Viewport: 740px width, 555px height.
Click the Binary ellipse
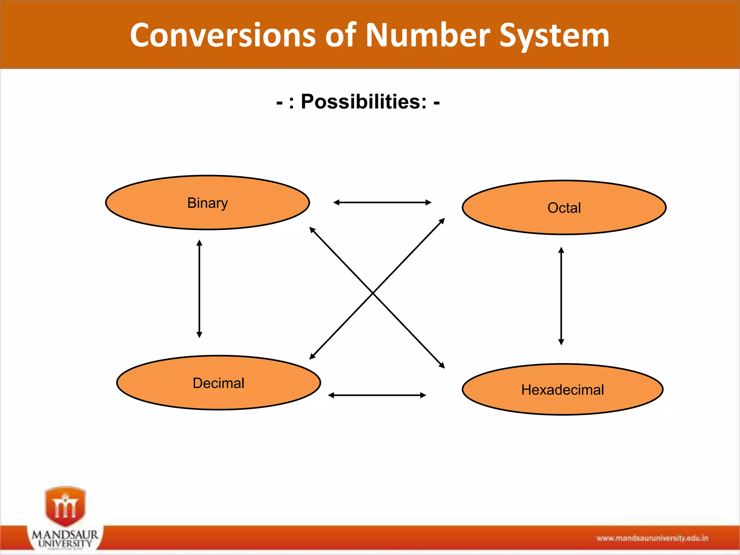point(207,203)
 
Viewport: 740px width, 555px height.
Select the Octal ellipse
point(564,208)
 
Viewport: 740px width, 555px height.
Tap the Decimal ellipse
point(218,383)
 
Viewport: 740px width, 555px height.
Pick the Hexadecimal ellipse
point(562,390)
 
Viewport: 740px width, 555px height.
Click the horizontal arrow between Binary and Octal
point(382,202)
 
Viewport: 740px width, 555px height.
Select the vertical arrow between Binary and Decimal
point(199,289)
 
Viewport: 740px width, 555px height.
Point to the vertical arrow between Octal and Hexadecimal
point(561,296)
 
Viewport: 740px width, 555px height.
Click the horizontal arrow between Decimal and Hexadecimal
point(377,395)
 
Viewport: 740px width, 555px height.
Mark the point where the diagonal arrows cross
point(373,293)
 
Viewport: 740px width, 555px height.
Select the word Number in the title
point(428,35)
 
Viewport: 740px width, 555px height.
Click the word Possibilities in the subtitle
point(363,102)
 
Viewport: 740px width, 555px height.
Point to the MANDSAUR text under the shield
point(65,534)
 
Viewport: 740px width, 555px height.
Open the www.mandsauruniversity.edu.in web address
point(652,538)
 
